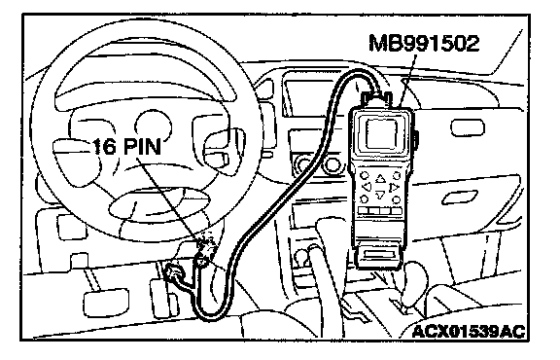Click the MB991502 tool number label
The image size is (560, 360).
pyautogui.click(x=424, y=43)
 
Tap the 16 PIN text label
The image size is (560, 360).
pyautogui.click(x=126, y=147)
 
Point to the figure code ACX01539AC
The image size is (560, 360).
pyautogui.click(x=469, y=332)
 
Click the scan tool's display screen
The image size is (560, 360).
pyautogui.click(x=382, y=133)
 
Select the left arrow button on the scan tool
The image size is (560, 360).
pyautogui.click(x=367, y=187)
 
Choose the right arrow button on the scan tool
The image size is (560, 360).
pyautogui.click(x=394, y=187)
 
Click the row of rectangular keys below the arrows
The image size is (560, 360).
pyautogui.click(x=380, y=211)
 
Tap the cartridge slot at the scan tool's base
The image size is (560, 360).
pyautogui.click(x=380, y=255)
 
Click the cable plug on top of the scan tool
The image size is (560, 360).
pyautogui.click(x=377, y=97)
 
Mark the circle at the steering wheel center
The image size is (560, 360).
pyautogui.click(x=154, y=126)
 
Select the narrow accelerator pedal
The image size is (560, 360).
pyautogui.click(x=161, y=294)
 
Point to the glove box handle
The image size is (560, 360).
pyautogui.click(x=460, y=197)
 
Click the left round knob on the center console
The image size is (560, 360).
pyautogui.click(x=305, y=165)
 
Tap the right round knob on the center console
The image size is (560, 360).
pyautogui.click(x=332, y=164)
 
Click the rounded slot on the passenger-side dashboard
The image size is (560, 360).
pyautogui.click(x=468, y=128)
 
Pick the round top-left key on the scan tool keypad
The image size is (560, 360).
pyautogui.click(x=364, y=175)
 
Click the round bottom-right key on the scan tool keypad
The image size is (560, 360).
pyautogui.click(x=396, y=199)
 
